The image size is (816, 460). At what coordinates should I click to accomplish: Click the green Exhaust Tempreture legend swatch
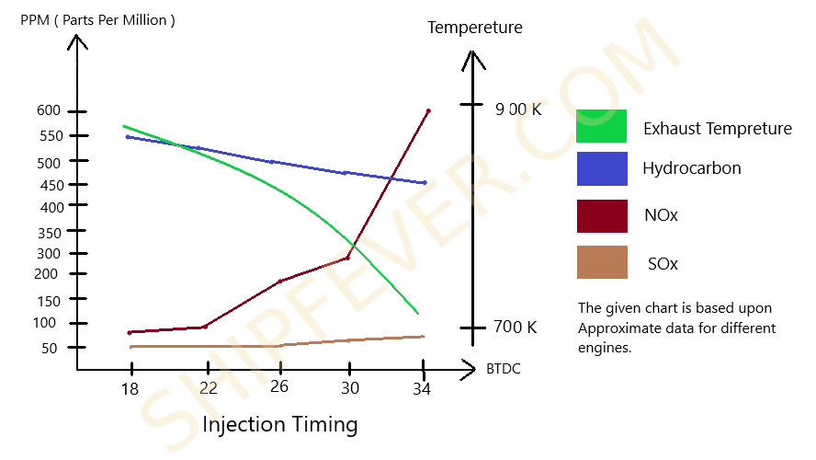(x=601, y=126)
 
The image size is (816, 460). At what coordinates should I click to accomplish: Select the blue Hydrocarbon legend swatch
(x=601, y=169)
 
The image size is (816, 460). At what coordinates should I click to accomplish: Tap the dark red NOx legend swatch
(x=601, y=216)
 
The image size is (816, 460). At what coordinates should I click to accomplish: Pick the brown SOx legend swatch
(x=601, y=262)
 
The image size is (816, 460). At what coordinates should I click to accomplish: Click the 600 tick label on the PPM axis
(x=49, y=110)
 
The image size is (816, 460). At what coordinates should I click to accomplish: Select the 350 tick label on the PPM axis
(x=49, y=231)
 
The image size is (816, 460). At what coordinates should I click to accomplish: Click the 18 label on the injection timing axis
(x=130, y=389)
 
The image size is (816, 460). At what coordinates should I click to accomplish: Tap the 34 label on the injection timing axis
(x=422, y=389)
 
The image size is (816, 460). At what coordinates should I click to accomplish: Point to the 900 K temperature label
(x=517, y=109)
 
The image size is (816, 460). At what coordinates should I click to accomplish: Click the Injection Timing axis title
(x=279, y=425)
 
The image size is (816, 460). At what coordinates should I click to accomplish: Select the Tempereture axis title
(x=474, y=28)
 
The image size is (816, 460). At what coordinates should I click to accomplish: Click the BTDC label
(x=504, y=369)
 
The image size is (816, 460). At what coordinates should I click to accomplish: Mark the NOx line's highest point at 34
(x=428, y=111)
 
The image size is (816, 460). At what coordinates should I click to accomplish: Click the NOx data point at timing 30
(x=346, y=258)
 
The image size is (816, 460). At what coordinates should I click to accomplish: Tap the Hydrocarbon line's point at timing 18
(x=128, y=137)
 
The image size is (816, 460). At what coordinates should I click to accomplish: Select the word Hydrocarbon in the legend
(x=691, y=168)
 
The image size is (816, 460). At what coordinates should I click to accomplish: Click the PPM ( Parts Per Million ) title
(x=97, y=20)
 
